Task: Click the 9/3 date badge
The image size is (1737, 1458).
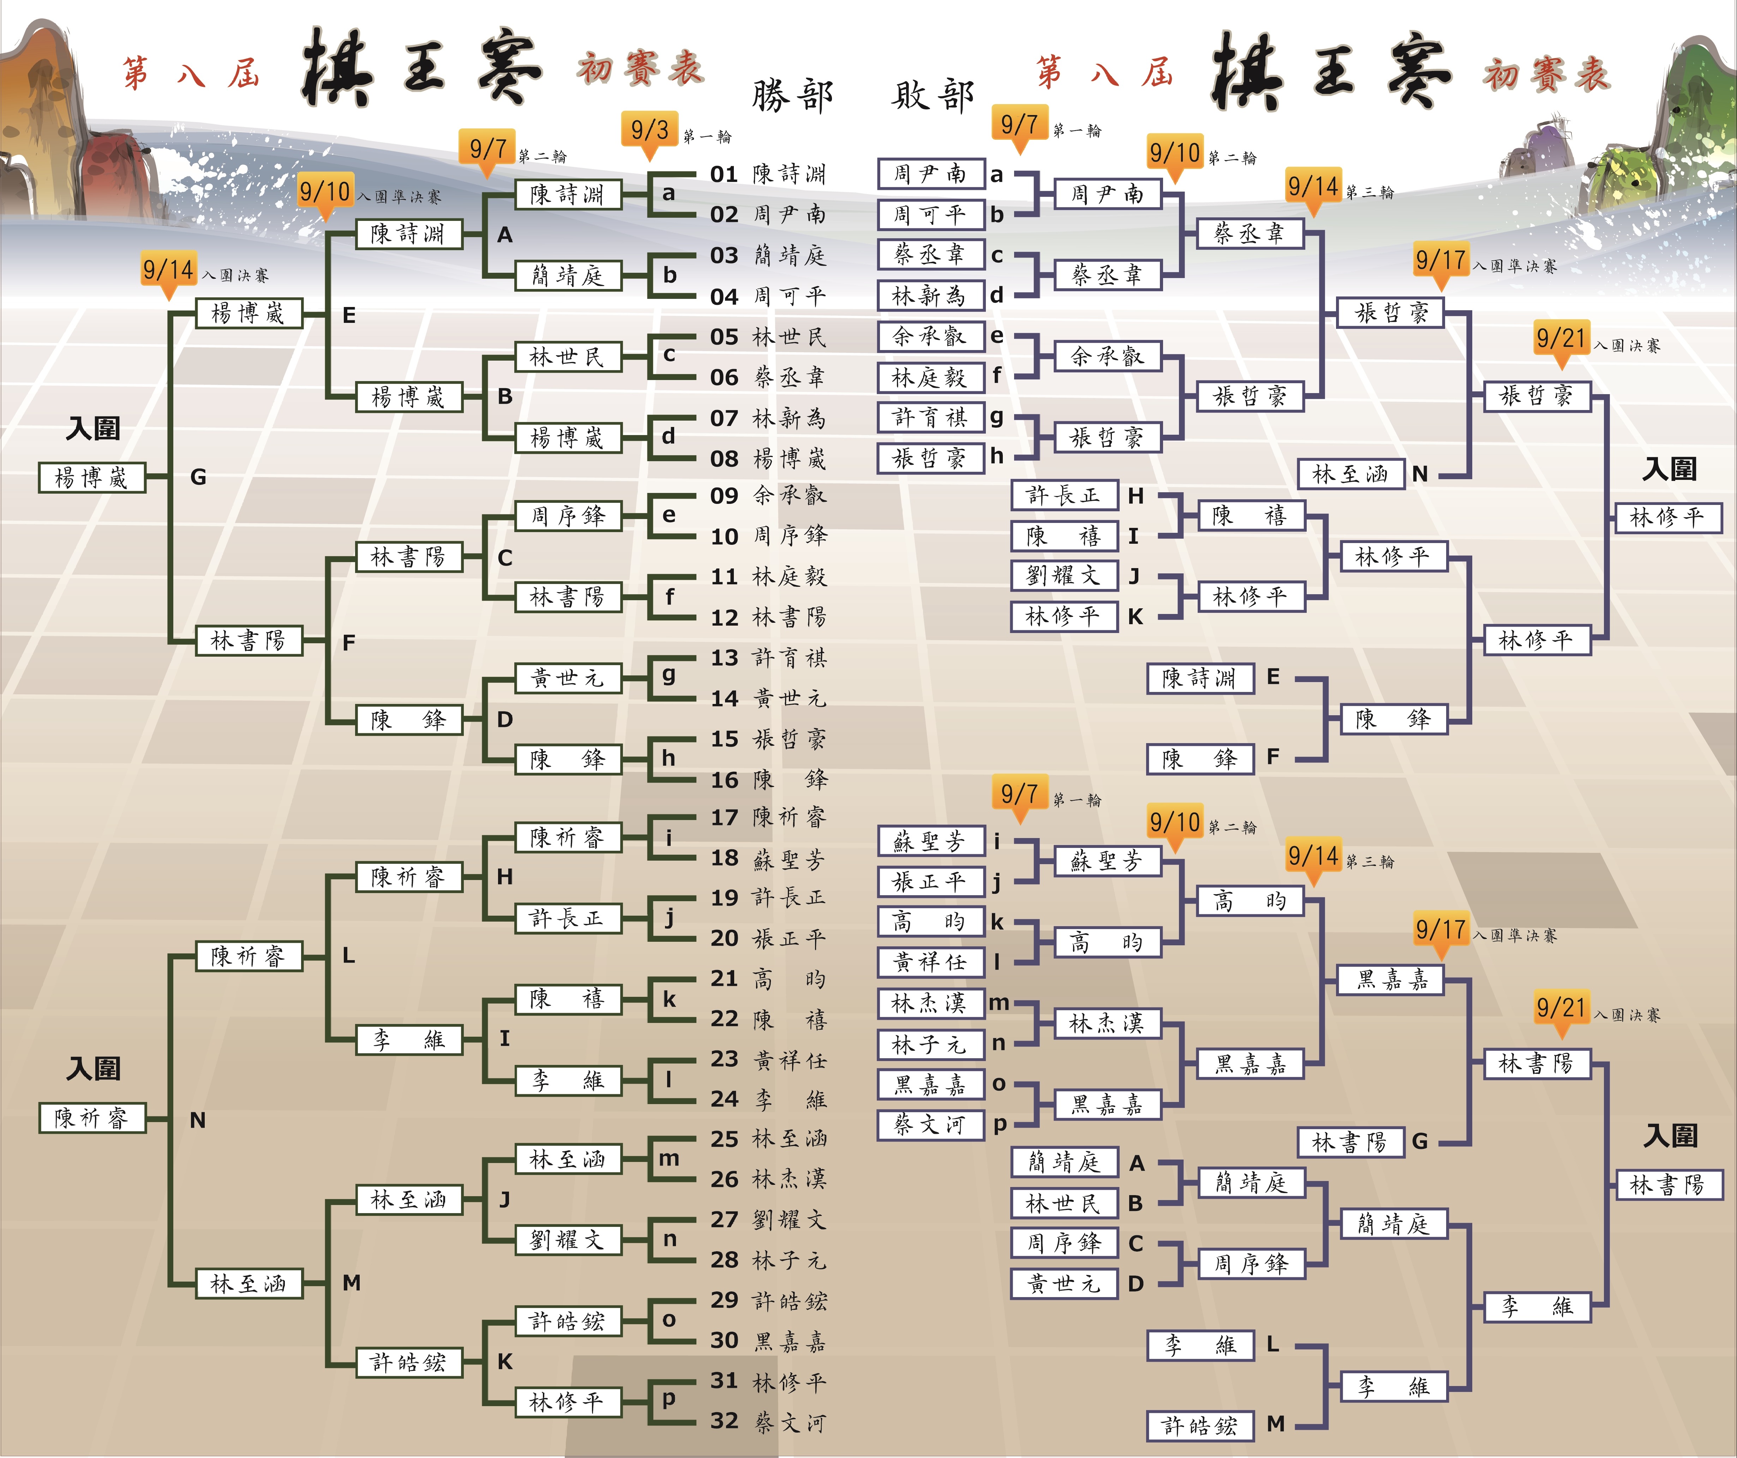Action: (x=649, y=131)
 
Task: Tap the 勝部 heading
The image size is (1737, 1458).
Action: (x=792, y=96)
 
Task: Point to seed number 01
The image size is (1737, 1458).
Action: (x=724, y=175)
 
